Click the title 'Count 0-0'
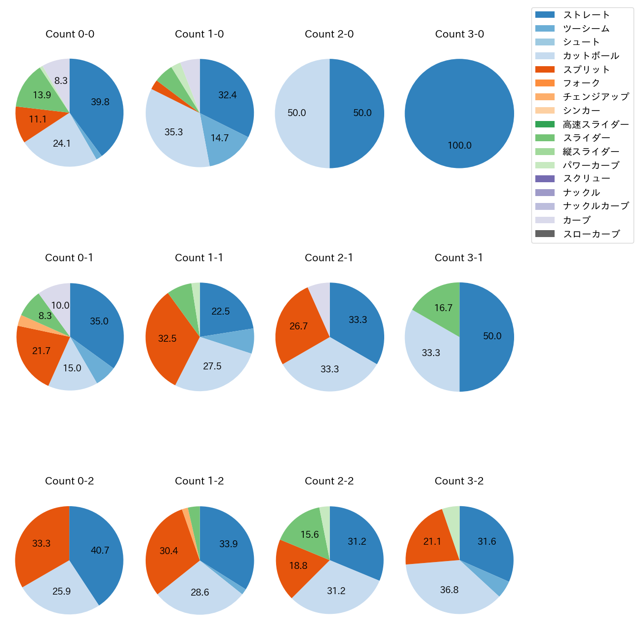(x=70, y=34)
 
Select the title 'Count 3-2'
(x=459, y=481)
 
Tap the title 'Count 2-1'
(x=329, y=258)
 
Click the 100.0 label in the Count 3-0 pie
(x=459, y=146)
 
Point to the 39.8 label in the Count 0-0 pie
(x=100, y=102)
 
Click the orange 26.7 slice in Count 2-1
(x=299, y=326)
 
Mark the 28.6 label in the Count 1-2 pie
(x=200, y=592)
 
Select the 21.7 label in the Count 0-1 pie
(x=41, y=351)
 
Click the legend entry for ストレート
(x=586, y=15)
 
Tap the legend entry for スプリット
(x=586, y=70)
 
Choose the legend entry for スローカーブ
(x=591, y=234)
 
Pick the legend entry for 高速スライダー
(x=596, y=124)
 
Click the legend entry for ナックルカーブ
(x=596, y=206)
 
